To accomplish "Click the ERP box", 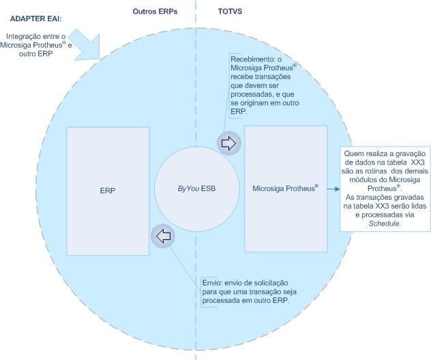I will (108, 190).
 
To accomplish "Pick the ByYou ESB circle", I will (196, 188).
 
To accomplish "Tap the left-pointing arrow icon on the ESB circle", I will (164, 236).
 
